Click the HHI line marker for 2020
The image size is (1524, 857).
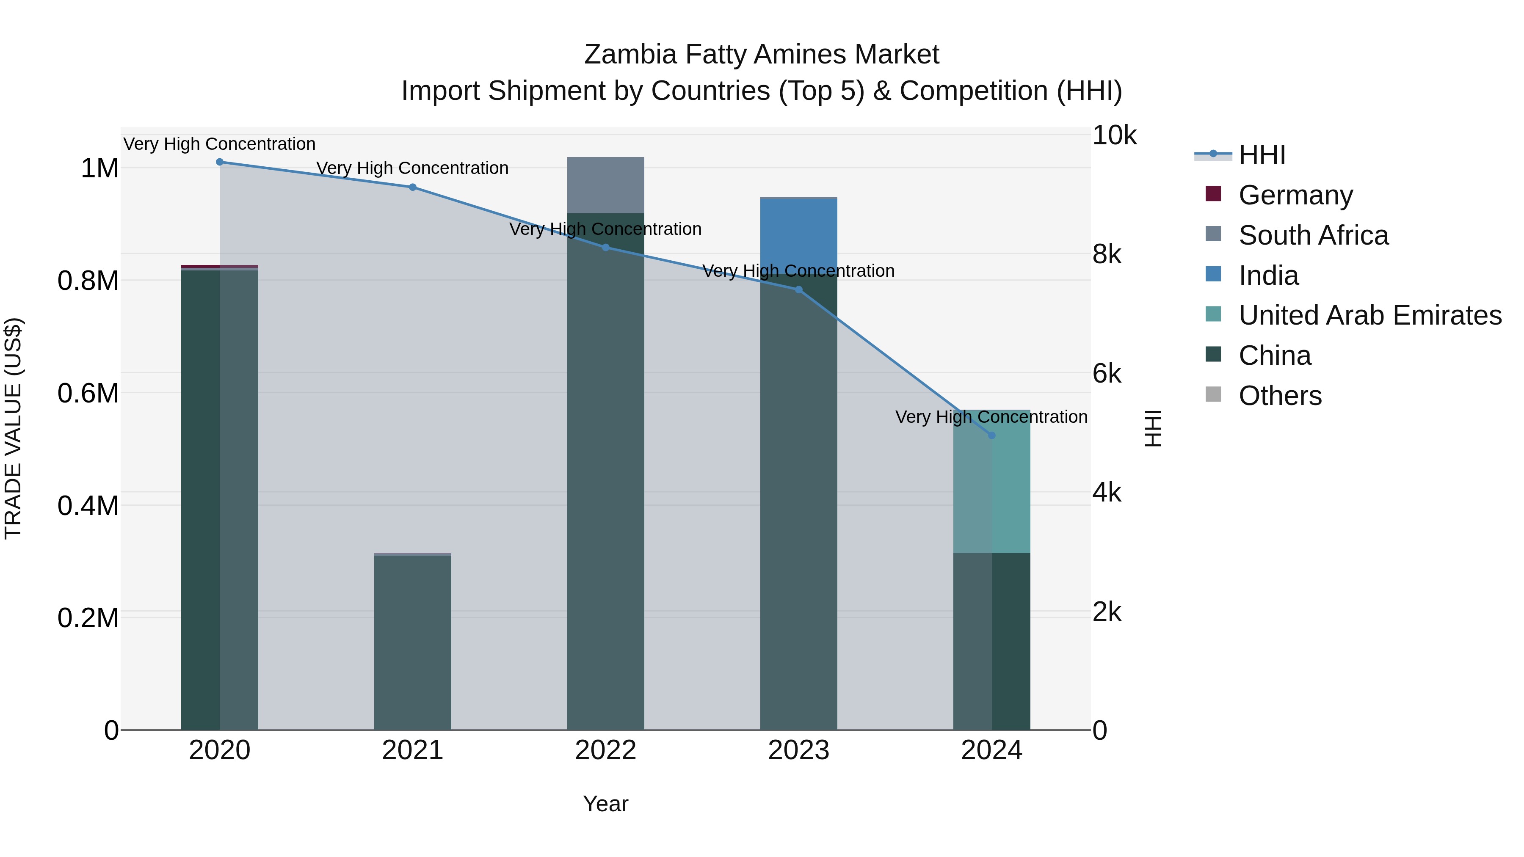click(x=219, y=162)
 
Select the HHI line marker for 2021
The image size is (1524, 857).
click(x=412, y=187)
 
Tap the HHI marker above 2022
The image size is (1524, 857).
click(x=606, y=247)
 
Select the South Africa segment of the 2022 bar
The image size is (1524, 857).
click(x=606, y=185)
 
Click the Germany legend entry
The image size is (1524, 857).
click(x=1296, y=195)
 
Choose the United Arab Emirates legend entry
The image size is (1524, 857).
click(x=1369, y=315)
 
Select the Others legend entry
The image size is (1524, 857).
click(x=1280, y=396)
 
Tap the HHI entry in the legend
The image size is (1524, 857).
click(x=1262, y=155)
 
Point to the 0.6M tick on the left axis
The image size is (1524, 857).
click(x=88, y=393)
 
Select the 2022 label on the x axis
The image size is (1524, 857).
click(x=606, y=750)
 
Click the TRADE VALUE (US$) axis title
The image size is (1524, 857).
click(x=13, y=428)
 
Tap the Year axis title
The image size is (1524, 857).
click(x=606, y=804)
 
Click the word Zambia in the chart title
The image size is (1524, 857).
click(x=630, y=55)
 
